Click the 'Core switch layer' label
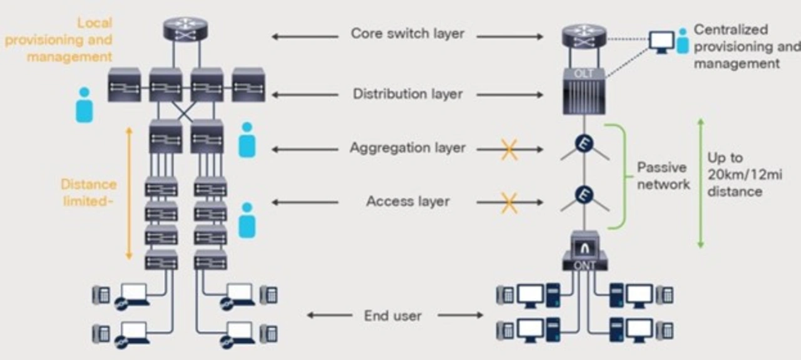coord(407,34)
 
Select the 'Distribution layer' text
coord(407,94)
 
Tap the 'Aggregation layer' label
coord(407,148)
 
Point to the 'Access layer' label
coord(407,202)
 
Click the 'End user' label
coord(392,316)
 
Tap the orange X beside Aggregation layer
coord(509,149)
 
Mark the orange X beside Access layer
coord(509,202)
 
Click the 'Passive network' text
coord(663,176)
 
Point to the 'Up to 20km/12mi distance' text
coord(744,175)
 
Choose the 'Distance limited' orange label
coord(88,193)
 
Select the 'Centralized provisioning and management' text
coord(745,46)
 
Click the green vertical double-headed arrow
coord(701,183)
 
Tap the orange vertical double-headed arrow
coord(129,193)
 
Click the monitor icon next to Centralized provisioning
coord(661,41)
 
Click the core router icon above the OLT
coord(584,36)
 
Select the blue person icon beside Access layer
coord(247,220)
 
